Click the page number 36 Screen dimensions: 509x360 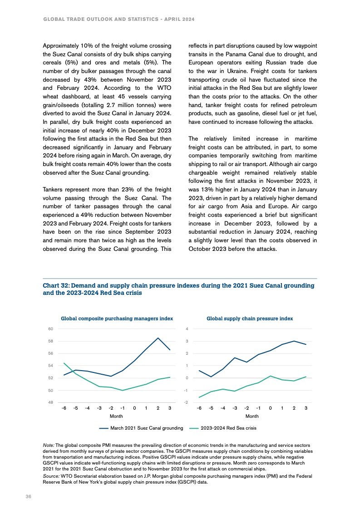coord(28,497)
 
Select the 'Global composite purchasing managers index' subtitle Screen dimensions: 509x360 coord(117,318)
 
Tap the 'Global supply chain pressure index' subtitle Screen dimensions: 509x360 coord(250,318)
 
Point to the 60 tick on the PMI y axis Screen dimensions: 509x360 coord(51,329)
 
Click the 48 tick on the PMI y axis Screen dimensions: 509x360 coord(51,402)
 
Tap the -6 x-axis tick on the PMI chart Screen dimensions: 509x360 coord(64,408)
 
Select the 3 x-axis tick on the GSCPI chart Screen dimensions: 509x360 coord(306,408)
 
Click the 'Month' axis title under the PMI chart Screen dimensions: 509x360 coord(117,416)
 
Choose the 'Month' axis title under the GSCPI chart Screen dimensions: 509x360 coord(252,416)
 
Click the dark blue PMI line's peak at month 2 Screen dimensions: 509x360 coord(158,338)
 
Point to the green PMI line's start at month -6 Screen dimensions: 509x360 coord(64,363)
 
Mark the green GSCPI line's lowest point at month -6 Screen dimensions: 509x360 coord(199,397)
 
